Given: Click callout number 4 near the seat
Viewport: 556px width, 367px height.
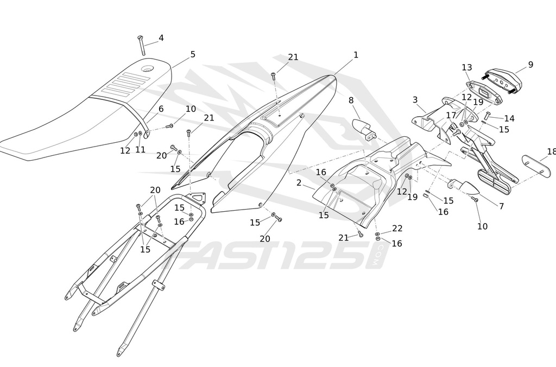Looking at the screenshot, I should (x=161, y=38).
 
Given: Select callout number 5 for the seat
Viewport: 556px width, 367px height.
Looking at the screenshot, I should (x=193, y=54).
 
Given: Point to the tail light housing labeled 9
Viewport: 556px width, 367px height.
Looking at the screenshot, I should (x=503, y=80).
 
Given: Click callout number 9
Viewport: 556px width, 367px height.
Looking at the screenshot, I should (x=530, y=65).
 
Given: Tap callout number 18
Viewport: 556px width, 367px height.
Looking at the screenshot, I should (x=551, y=151).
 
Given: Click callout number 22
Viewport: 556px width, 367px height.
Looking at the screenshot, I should (x=397, y=229).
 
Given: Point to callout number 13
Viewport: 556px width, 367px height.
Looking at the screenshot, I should (x=467, y=67).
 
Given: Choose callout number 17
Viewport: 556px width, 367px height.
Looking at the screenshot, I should (x=451, y=115).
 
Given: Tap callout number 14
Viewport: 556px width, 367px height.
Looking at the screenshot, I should (x=509, y=118).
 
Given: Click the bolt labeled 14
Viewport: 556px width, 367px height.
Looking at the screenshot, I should (x=487, y=115).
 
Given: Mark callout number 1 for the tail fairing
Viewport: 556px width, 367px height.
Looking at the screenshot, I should (x=356, y=55).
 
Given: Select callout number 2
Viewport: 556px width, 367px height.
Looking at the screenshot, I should (x=299, y=183).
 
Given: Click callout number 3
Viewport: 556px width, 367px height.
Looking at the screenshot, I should (x=415, y=100).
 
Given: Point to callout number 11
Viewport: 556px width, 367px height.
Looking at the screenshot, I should (x=141, y=150).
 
